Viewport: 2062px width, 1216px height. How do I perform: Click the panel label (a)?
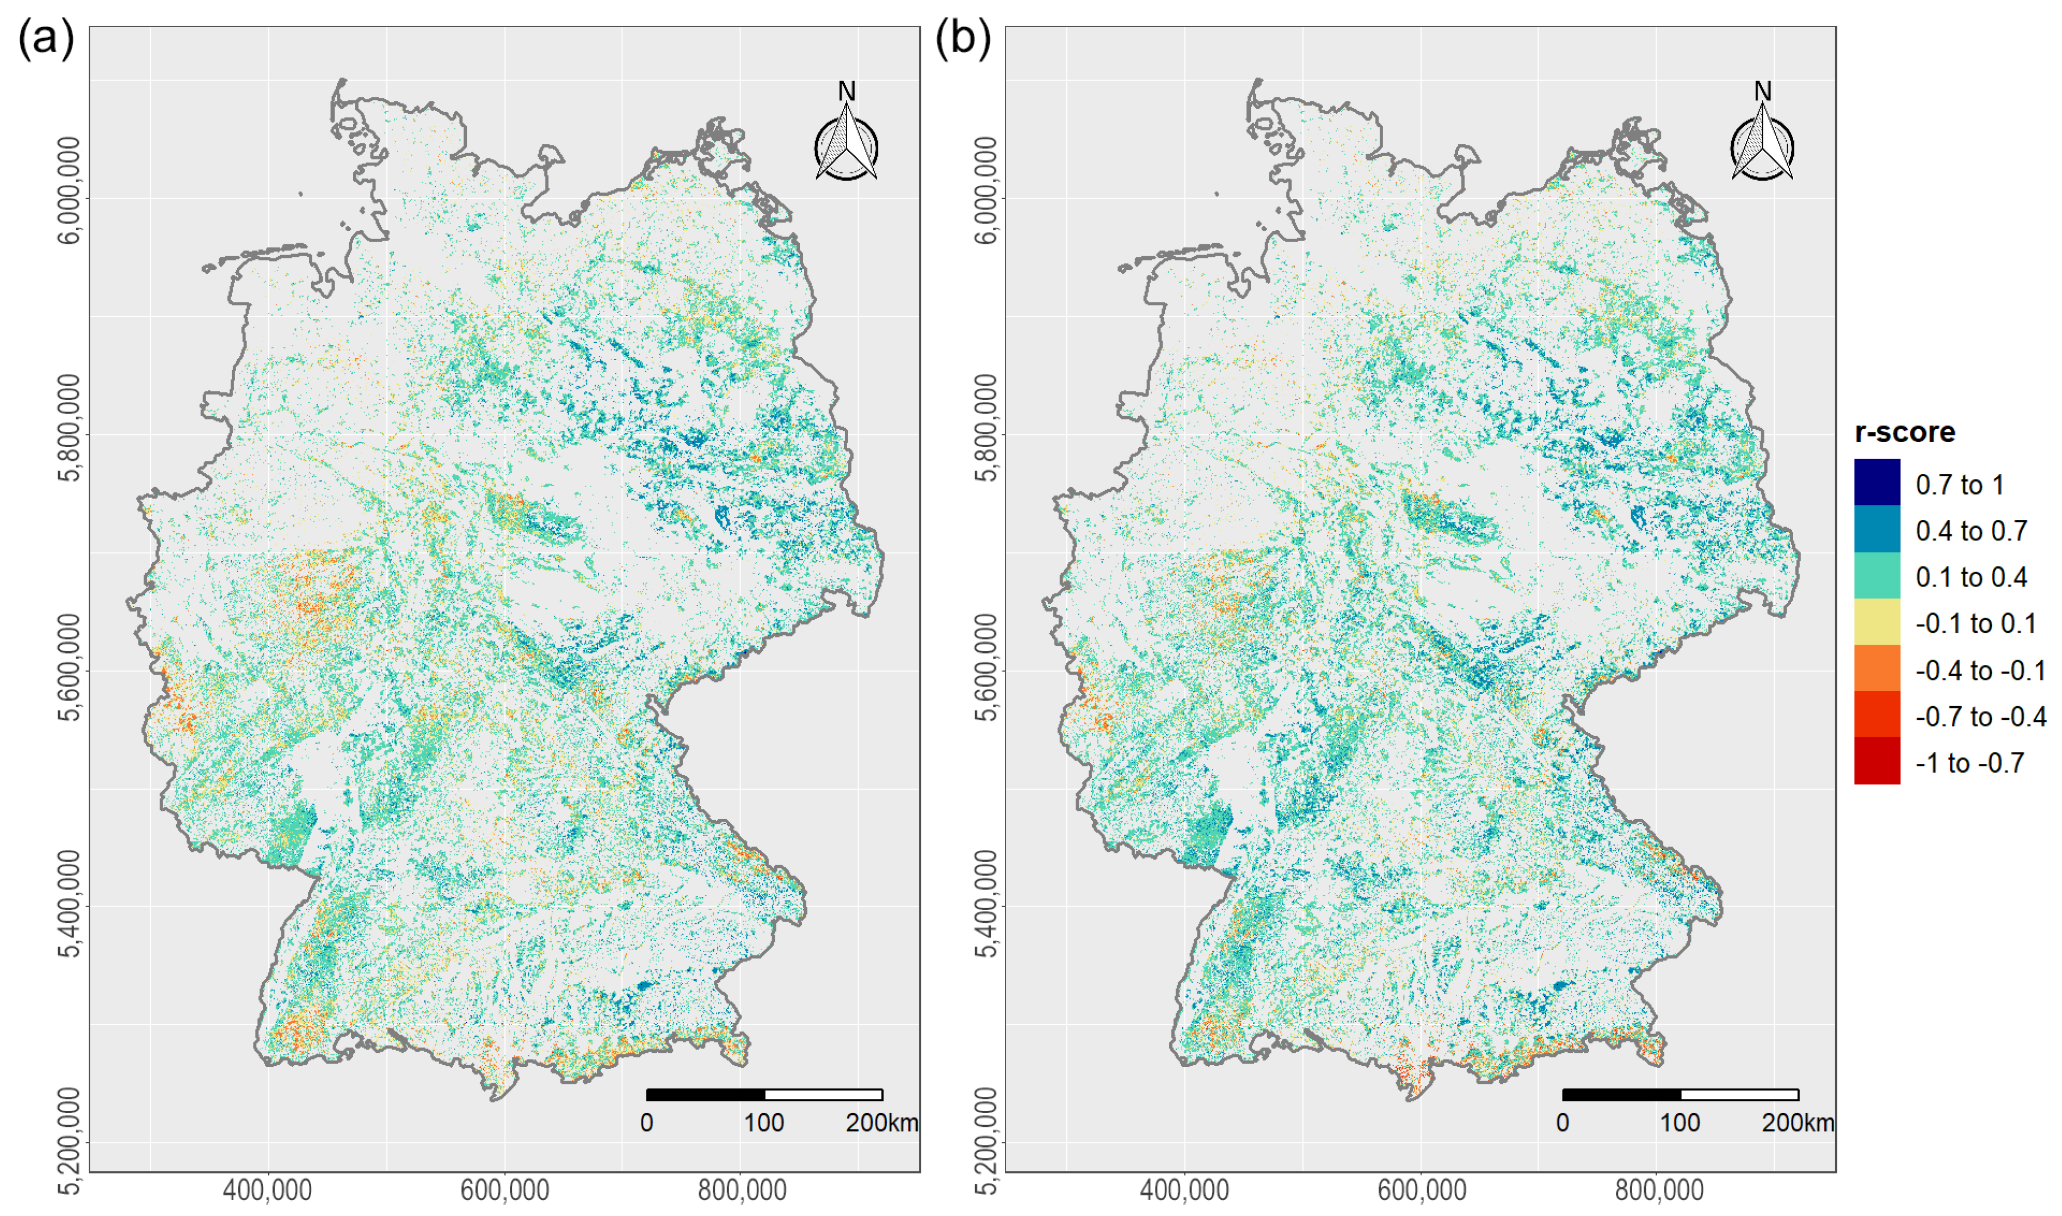(46, 39)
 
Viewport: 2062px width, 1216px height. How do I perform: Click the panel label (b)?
(962, 39)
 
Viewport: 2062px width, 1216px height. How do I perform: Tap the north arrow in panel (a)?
(846, 135)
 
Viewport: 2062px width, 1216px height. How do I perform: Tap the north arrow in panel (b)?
(1762, 135)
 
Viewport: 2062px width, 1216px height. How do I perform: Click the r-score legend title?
(1905, 432)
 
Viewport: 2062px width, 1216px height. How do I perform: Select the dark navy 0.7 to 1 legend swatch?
(1877, 483)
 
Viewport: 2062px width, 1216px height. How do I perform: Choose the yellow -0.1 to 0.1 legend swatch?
(1877, 622)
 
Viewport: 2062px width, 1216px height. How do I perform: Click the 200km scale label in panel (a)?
(881, 1122)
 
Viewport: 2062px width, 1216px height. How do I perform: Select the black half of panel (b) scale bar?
(1621, 1095)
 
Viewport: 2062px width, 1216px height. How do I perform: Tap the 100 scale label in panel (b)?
(1680, 1122)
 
